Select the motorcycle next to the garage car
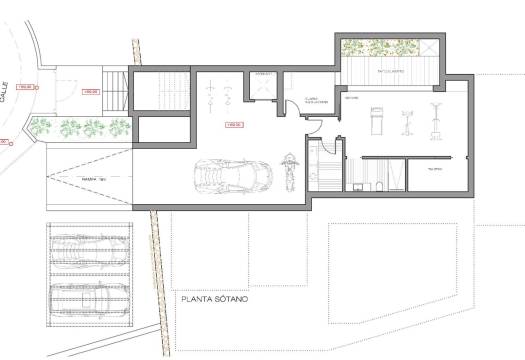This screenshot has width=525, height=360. tap(289, 171)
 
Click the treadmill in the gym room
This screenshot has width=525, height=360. tap(375, 120)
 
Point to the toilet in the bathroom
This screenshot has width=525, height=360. tap(363, 183)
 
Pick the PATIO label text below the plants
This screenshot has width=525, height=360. tap(385, 72)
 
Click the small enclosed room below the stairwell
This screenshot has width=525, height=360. tap(161, 130)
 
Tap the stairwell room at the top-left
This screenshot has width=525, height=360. tap(161, 90)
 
